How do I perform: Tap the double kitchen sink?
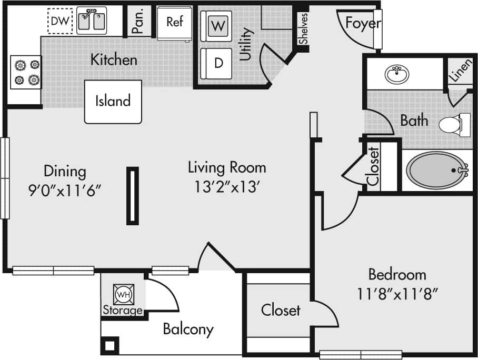pos(92,21)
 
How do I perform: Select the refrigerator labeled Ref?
pos(175,22)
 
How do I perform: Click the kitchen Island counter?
pos(113,101)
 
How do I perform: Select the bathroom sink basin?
pos(397,75)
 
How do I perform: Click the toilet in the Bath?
pos(452,124)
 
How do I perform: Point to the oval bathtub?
pos(436,171)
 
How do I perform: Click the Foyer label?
pos(363,24)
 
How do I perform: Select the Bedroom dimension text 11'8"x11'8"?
pos(397,293)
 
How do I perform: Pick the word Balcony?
pos(188,329)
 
